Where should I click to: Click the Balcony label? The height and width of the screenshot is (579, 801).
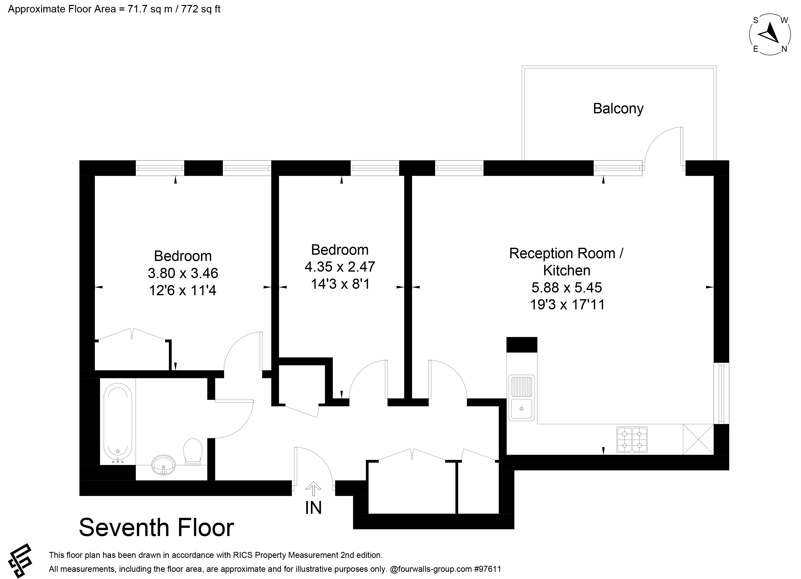618,109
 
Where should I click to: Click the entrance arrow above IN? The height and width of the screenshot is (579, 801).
313,489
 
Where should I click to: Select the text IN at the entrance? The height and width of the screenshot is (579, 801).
313,508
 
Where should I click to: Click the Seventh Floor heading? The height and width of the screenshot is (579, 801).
156,528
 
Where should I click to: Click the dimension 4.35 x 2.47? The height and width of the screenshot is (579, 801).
340,267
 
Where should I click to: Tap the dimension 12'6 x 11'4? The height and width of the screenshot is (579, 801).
183,290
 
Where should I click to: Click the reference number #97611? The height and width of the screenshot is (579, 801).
488,569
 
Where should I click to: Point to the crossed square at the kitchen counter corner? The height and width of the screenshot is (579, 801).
698,439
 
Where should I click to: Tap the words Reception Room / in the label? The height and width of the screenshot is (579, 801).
566,253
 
